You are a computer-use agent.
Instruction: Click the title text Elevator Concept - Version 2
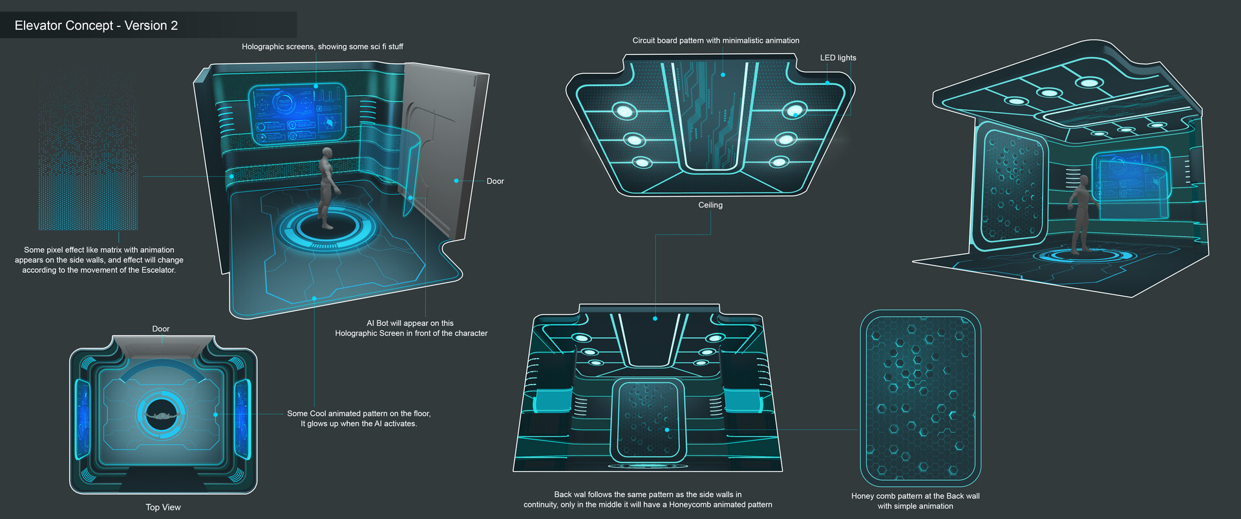click(x=96, y=26)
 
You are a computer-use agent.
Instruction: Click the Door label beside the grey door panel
click(x=495, y=181)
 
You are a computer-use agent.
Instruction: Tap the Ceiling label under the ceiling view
click(x=710, y=205)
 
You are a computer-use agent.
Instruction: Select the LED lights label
click(x=838, y=58)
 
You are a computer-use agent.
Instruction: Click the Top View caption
click(x=163, y=507)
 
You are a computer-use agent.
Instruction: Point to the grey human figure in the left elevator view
click(x=328, y=187)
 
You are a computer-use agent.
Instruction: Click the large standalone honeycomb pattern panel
click(x=920, y=397)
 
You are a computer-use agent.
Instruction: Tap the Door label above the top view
click(x=161, y=329)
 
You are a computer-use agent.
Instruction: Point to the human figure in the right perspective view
click(x=1079, y=213)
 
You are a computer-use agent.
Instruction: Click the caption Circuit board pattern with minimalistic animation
click(x=716, y=40)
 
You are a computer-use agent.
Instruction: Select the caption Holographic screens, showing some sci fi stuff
click(x=322, y=47)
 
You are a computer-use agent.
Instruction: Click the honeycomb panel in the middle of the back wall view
click(x=648, y=420)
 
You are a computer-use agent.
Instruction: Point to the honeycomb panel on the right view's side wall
click(x=1012, y=187)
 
